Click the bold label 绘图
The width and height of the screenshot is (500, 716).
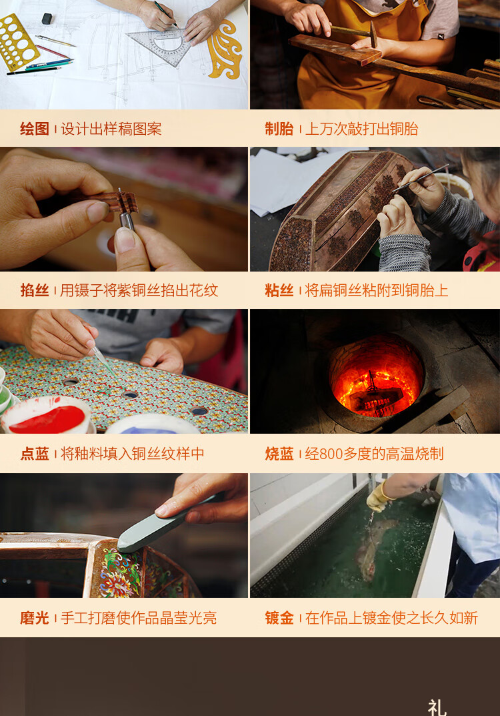tap(35, 129)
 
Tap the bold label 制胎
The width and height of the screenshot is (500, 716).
tap(279, 129)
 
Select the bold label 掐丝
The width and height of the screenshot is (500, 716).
tap(35, 290)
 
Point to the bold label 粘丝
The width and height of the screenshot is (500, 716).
tap(279, 290)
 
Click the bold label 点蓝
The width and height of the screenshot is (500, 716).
tap(35, 454)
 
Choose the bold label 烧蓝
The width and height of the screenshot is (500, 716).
tap(279, 454)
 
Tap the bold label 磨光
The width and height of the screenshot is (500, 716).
tap(35, 618)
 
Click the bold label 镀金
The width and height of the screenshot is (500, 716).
tap(279, 618)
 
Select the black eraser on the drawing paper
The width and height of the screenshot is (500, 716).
tap(47, 19)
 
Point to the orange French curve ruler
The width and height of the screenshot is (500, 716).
tap(225, 50)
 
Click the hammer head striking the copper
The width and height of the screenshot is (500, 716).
tap(373, 35)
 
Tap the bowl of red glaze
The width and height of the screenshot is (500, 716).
tap(49, 416)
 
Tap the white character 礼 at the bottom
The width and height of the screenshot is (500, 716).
tap(437, 707)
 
